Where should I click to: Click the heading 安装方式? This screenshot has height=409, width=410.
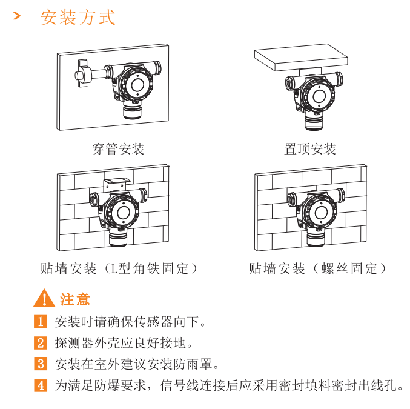tap(78, 18)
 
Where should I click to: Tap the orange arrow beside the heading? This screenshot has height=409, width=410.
tap(17, 16)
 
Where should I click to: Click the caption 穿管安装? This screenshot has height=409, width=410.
tap(119, 149)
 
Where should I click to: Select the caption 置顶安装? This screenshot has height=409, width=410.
tap(310, 149)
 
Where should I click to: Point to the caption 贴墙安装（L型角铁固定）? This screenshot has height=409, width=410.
tap(119, 268)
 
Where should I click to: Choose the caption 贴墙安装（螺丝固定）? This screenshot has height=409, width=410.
tap(317, 268)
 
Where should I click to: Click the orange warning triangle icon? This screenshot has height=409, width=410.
tap(44, 298)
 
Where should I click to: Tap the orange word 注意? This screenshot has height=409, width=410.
tap(75, 299)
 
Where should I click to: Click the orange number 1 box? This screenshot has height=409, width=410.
tap(41, 321)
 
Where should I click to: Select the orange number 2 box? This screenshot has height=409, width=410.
tap(41, 343)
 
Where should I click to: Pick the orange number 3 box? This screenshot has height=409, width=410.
tap(41, 364)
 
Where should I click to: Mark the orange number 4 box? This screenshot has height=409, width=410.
tap(41, 385)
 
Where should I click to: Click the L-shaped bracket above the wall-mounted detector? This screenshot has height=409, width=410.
tap(116, 184)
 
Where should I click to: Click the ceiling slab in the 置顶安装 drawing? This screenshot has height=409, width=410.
tap(301, 58)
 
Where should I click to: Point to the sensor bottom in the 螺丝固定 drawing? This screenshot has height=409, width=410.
tap(316, 238)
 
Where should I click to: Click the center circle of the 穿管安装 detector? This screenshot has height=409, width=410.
tap(137, 84)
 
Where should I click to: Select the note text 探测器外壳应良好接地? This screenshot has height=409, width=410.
tap(124, 343)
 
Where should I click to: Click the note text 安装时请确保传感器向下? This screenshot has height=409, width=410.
tap(130, 321)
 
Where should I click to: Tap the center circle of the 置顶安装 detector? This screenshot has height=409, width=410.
tap(319, 96)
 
